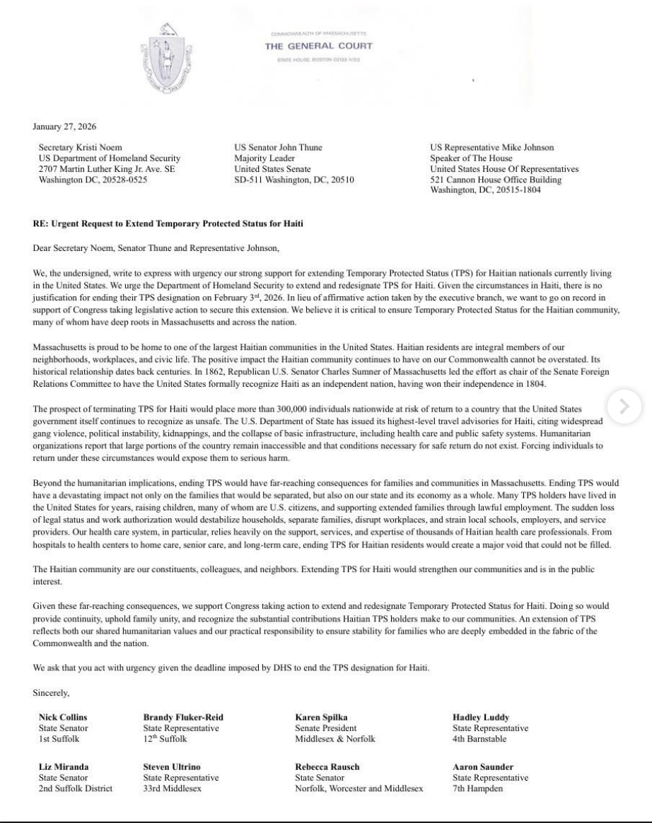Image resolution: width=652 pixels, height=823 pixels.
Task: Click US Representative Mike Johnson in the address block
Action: [492, 148]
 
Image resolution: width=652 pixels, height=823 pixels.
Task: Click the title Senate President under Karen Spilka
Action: [325, 728]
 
